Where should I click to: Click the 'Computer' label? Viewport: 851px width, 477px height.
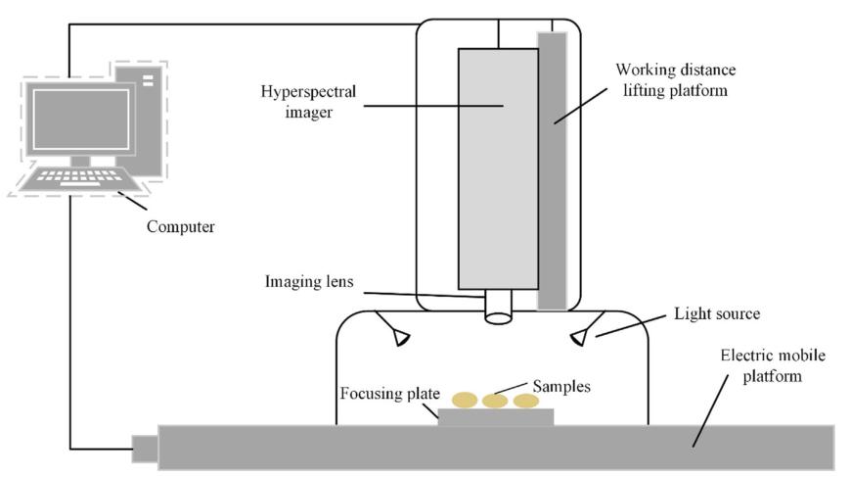(x=180, y=226)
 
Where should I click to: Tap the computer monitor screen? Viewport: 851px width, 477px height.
(x=81, y=119)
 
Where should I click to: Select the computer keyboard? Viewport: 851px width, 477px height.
(x=82, y=180)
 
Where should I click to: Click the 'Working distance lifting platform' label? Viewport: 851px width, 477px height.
(x=675, y=79)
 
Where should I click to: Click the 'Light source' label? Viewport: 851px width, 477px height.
(x=718, y=316)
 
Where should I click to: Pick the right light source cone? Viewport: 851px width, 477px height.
(x=581, y=337)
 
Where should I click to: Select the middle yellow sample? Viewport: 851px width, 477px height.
(x=495, y=401)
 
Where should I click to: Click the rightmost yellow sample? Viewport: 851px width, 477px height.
(x=526, y=401)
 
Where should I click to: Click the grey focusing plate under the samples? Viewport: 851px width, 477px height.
(x=495, y=416)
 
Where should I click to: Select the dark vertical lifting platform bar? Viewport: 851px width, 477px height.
(x=552, y=167)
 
